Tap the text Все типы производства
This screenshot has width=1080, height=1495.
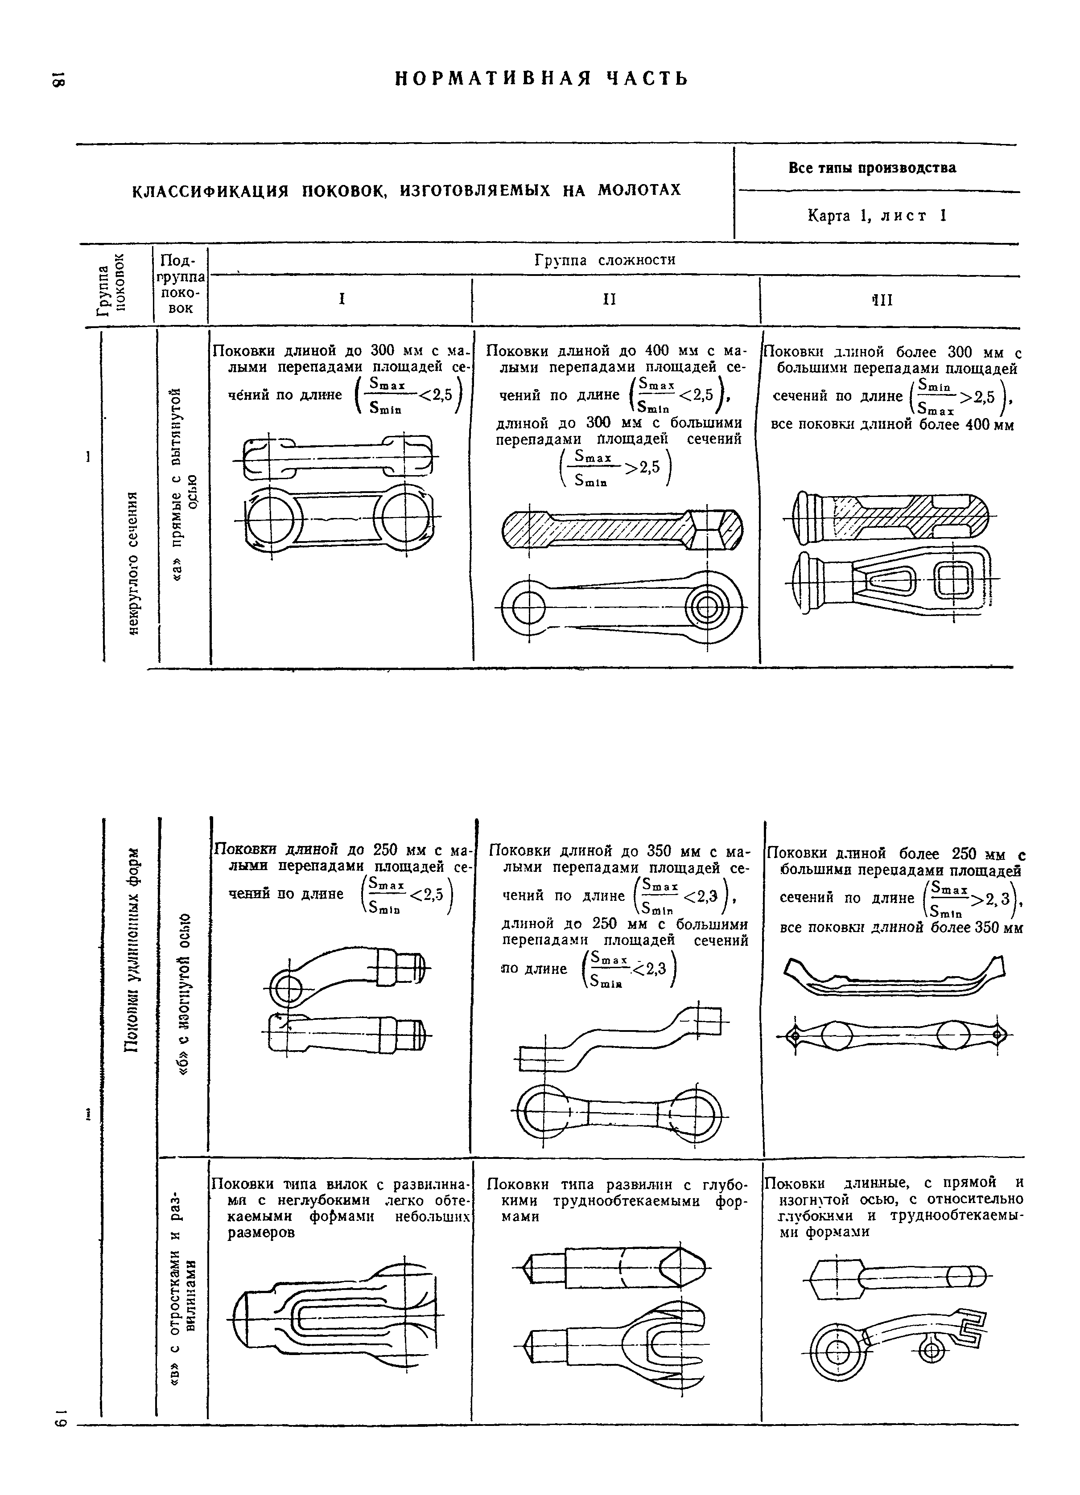pos(872,168)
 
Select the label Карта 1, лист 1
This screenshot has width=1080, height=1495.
pos(877,216)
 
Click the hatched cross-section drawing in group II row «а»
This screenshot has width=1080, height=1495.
pos(623,527)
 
